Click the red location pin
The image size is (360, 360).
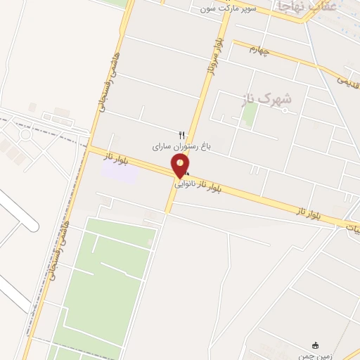click(x=181, y=166)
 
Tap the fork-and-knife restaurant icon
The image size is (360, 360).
click(x=182, y=135)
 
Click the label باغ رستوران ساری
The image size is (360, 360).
click(x=177, y=148)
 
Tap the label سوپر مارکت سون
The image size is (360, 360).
click(x=228, y=8)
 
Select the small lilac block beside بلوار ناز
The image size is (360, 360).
click(x=118, y=171)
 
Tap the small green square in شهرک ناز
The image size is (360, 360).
click(x=248, y=115)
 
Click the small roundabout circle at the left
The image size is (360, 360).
click(x=26, y=134)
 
